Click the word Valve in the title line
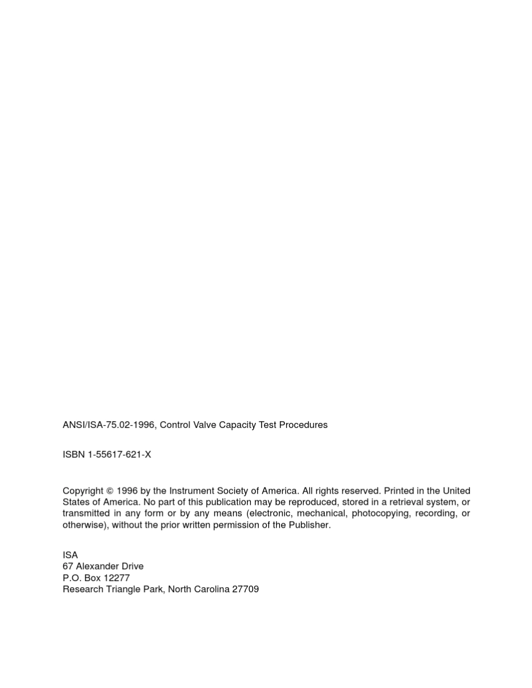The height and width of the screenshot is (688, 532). (204, 425)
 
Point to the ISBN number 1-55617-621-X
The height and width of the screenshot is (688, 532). (119, 454)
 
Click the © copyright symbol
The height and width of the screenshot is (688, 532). (110, 491)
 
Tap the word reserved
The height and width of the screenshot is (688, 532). (360, 491)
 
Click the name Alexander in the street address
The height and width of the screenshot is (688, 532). (97, 566)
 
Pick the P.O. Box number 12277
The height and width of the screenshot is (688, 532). (116, 578)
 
